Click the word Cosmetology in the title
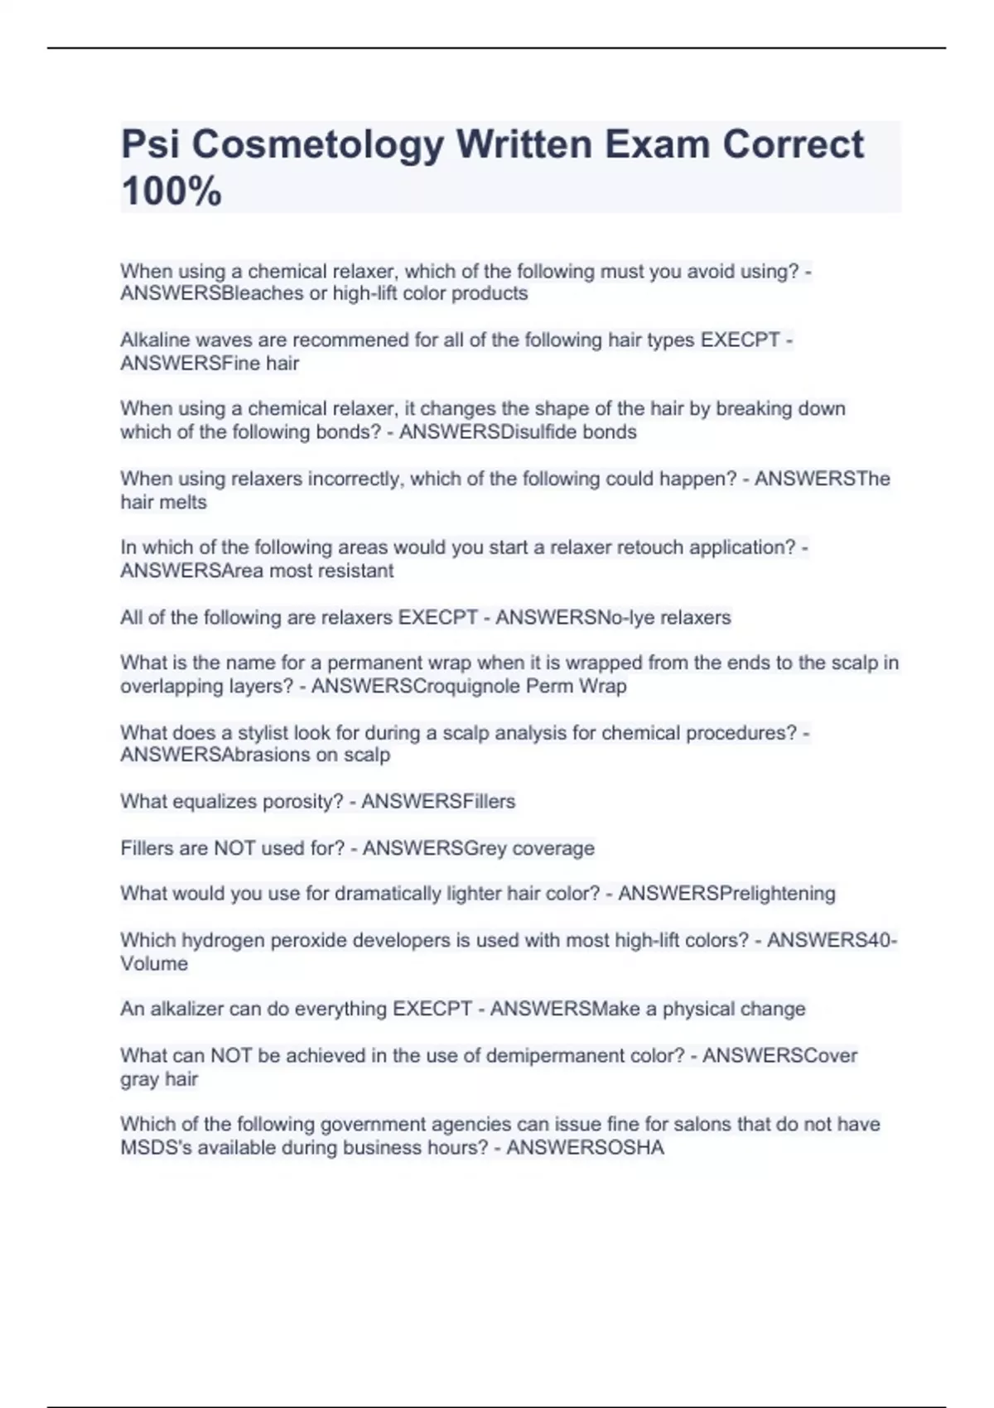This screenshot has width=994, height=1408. [318, 144]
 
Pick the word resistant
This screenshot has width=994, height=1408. [353, 571]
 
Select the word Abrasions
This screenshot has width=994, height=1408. [265, 755]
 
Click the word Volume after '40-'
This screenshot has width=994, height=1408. [154, 964]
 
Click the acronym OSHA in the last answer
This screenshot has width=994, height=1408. [637, 1148]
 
